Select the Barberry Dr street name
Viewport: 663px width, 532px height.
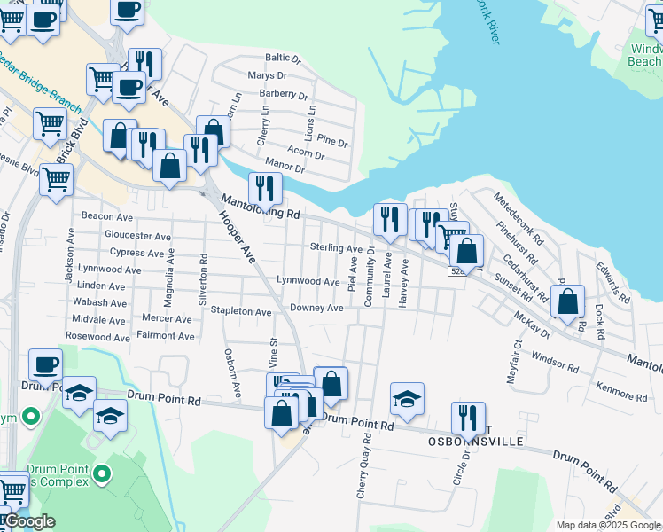click(284, 95)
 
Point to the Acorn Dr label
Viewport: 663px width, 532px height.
click(307, 155)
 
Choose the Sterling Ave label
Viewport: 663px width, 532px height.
click(336, 248)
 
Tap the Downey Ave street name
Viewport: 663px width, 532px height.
click(316, 308)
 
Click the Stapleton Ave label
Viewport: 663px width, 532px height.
click(240, 312)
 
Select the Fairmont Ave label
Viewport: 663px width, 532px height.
click(165, 336)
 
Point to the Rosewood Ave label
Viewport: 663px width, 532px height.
click(97, 336)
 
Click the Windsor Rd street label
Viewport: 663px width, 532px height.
click(555, 362)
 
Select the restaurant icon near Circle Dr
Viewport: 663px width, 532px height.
click(468, 417)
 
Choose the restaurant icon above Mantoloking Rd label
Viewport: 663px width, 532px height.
click(265, 187)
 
